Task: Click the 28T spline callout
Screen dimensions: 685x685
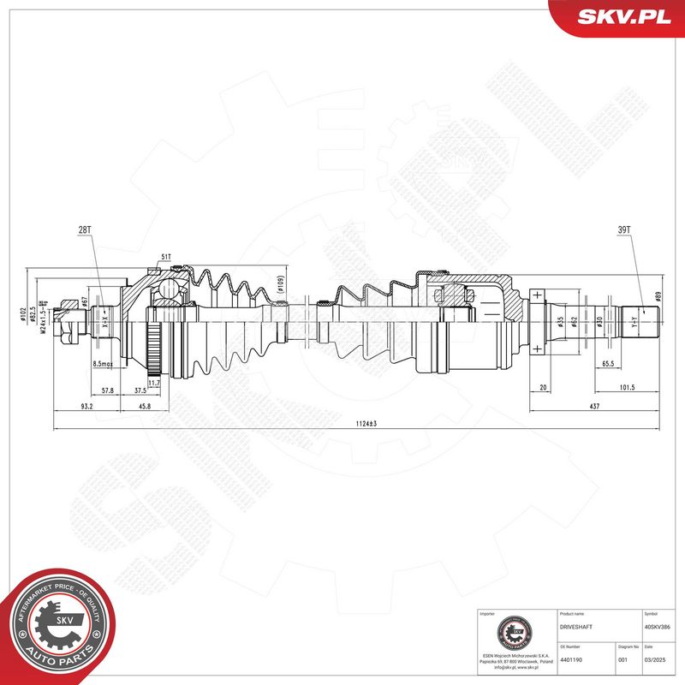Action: pyautogui.click(x=85, y=230)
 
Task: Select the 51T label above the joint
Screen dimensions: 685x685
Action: pyautogui.click(x=165, y=257)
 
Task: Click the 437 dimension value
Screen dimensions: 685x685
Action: pyautogui.click(x=593, y=405)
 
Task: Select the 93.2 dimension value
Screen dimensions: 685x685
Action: pyautogui.click(x=86, y=405)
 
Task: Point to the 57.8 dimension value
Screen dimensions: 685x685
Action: pyautogui.click(x=108, y=390)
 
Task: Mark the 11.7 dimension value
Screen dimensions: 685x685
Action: pyautogui.click(x=154, y=382)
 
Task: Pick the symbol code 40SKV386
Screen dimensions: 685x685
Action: pyautogui.click(x=658, y=627)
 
